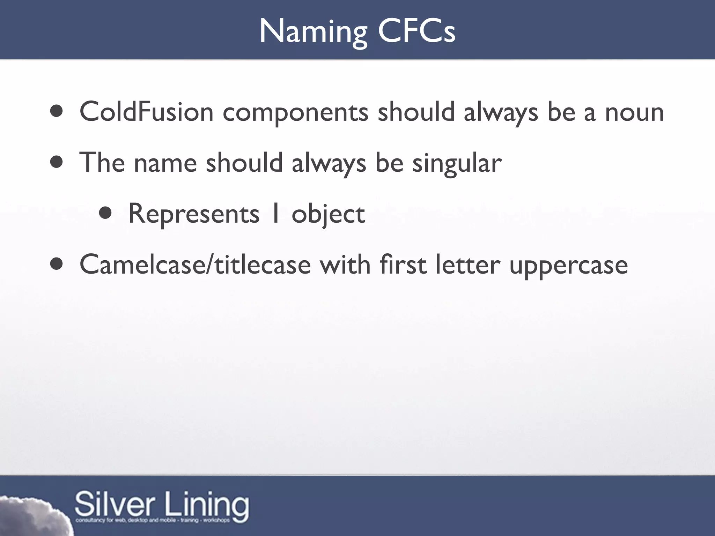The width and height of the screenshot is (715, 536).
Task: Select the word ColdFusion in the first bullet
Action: pyautogui.click(x=146, y=112)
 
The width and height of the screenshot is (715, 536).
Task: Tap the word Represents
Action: pyautogui.click(x=194, y=214)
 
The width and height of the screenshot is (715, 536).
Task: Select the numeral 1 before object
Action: pyautogui.click(x=275, y=214)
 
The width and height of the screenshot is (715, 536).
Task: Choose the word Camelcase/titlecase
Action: pyautogui.click(x=195, y=265)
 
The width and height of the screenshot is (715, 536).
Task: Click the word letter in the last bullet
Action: pyautogui.click(x=468, y=265)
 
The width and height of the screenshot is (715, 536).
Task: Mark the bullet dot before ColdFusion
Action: pyautogui.click(x=56, y=111)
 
